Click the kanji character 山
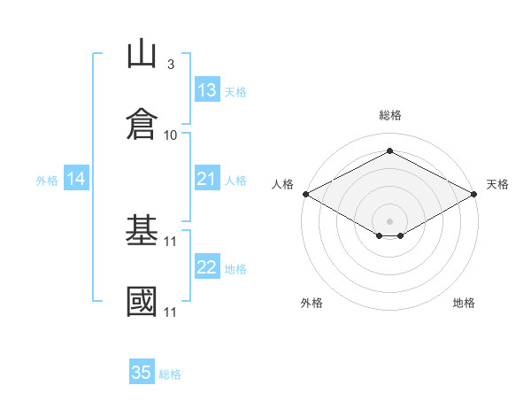point(142,53)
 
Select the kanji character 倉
point(142,124)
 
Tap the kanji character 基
point(142,229)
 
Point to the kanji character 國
point(142,301)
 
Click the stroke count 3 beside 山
point(171,64)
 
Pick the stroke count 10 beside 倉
point(170,135)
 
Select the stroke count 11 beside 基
point(170,242)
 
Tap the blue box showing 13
point(207,89)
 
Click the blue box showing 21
point(207,178)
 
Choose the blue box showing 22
point(207,266)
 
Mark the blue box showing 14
point(76,178)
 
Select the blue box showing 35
point(142,371)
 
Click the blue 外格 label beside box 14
point(47,181)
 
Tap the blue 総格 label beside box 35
point(170,374)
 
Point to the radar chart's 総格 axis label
point(390,115)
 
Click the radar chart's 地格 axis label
point(464,303)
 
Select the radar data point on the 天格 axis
point(474,194)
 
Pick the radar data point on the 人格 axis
point(306,194)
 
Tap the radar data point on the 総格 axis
point(389,150)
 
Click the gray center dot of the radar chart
point(389,221)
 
